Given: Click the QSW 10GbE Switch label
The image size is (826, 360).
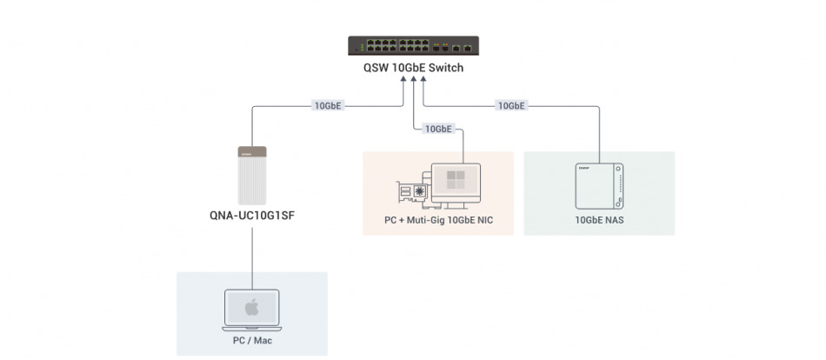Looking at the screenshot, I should (x=413, y=68).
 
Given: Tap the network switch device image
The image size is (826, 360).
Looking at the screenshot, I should (x=413, y=45).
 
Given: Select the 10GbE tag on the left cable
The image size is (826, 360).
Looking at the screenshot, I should (x=328, y=106).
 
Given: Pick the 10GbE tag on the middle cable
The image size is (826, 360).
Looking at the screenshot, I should (x=437, y=129).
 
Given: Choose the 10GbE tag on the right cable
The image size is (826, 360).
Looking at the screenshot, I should (x=510, y=106).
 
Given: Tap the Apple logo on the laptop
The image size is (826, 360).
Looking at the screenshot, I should (x=252, y=307).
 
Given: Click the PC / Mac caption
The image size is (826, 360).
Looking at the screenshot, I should (x=252, y=341).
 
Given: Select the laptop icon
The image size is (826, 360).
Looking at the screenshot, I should (x=252, y=310).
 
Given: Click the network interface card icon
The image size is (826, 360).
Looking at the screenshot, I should (x=416, y=193).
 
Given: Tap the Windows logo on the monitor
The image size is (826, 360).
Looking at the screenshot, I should (x=456, y=180).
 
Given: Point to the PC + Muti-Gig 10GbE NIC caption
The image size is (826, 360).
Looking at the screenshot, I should (x=437, y=220).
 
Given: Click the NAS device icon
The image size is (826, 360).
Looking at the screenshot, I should (x=599, y=184).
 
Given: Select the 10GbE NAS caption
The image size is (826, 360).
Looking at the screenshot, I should (x=599, y=220).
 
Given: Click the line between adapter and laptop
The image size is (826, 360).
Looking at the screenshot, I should (x=251, y=261).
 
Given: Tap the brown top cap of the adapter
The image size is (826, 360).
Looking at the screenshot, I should (x=251, y=151).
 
